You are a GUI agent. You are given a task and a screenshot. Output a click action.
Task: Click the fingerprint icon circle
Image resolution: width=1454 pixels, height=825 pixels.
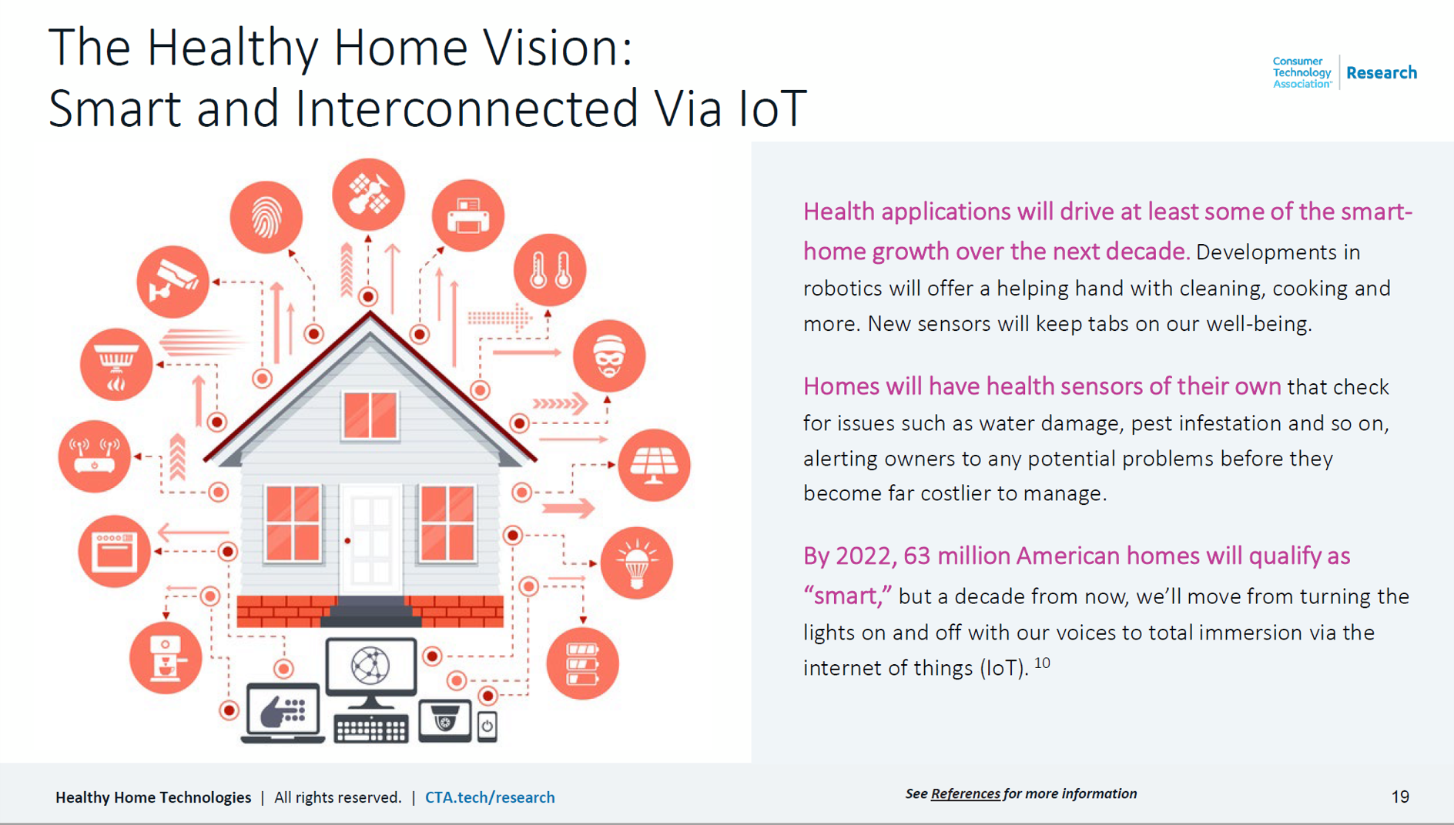coord(266,217)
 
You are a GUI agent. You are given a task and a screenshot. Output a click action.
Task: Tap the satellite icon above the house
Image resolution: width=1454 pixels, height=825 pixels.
coord(368,194)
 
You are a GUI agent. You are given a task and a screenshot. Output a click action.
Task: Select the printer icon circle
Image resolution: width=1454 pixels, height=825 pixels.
coord(468,215)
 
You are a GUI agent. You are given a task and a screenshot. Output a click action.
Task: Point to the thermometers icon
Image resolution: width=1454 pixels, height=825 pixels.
coord(550,270)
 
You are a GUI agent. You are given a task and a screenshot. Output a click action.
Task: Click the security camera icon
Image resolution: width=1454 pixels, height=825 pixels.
coord(173,282)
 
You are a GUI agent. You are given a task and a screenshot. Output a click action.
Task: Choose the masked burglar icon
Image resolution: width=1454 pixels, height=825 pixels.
coord(609,356)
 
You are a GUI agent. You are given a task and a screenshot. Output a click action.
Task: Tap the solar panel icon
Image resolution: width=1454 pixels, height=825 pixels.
coord(655,465)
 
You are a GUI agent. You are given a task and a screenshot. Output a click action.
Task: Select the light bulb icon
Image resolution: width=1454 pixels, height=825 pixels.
coord(636,563)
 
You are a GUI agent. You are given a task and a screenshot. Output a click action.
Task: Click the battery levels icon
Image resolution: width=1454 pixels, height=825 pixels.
coord(582,663)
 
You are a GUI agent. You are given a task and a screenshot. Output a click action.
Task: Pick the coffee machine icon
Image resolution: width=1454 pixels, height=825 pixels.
coord(166,657)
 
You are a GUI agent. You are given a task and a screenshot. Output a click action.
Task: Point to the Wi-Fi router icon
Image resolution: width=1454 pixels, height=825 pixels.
coord(95,456)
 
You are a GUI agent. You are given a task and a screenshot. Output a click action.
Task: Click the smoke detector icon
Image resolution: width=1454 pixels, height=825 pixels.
coord(116,364)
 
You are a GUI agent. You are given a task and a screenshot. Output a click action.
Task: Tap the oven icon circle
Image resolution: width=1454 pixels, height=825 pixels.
coord(115,551)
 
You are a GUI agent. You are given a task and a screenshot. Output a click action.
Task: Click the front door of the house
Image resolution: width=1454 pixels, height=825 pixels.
coord(370,540)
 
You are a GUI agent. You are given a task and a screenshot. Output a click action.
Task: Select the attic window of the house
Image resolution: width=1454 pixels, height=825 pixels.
coord(370,416)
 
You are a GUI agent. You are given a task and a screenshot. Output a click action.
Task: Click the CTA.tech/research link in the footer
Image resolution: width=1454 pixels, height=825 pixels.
coord(490,797)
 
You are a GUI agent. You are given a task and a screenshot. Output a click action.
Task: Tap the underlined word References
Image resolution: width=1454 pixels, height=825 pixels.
coord(966,793)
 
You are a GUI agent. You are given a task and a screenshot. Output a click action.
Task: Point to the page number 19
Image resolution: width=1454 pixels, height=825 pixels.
coord(1400,797)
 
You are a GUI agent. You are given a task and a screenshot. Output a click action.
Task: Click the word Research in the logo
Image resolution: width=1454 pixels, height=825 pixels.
coord(1382,72)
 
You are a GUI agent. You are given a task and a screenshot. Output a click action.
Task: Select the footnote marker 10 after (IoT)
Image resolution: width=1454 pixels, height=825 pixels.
coord(1042,663)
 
